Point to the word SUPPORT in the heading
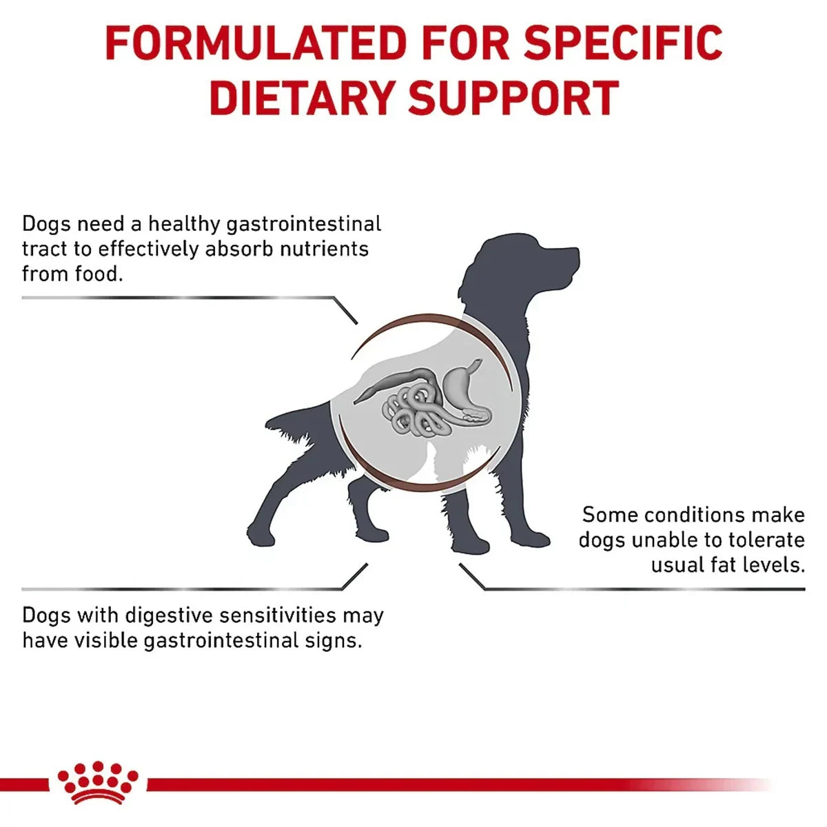(x=513, y=98)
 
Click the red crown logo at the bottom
(x=97, y=783)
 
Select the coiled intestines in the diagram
(x=411, y=410)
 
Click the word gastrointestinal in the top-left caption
(x=303, y=224)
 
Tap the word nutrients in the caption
(x=324, y=249)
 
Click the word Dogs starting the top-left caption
(x=46, y=224)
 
